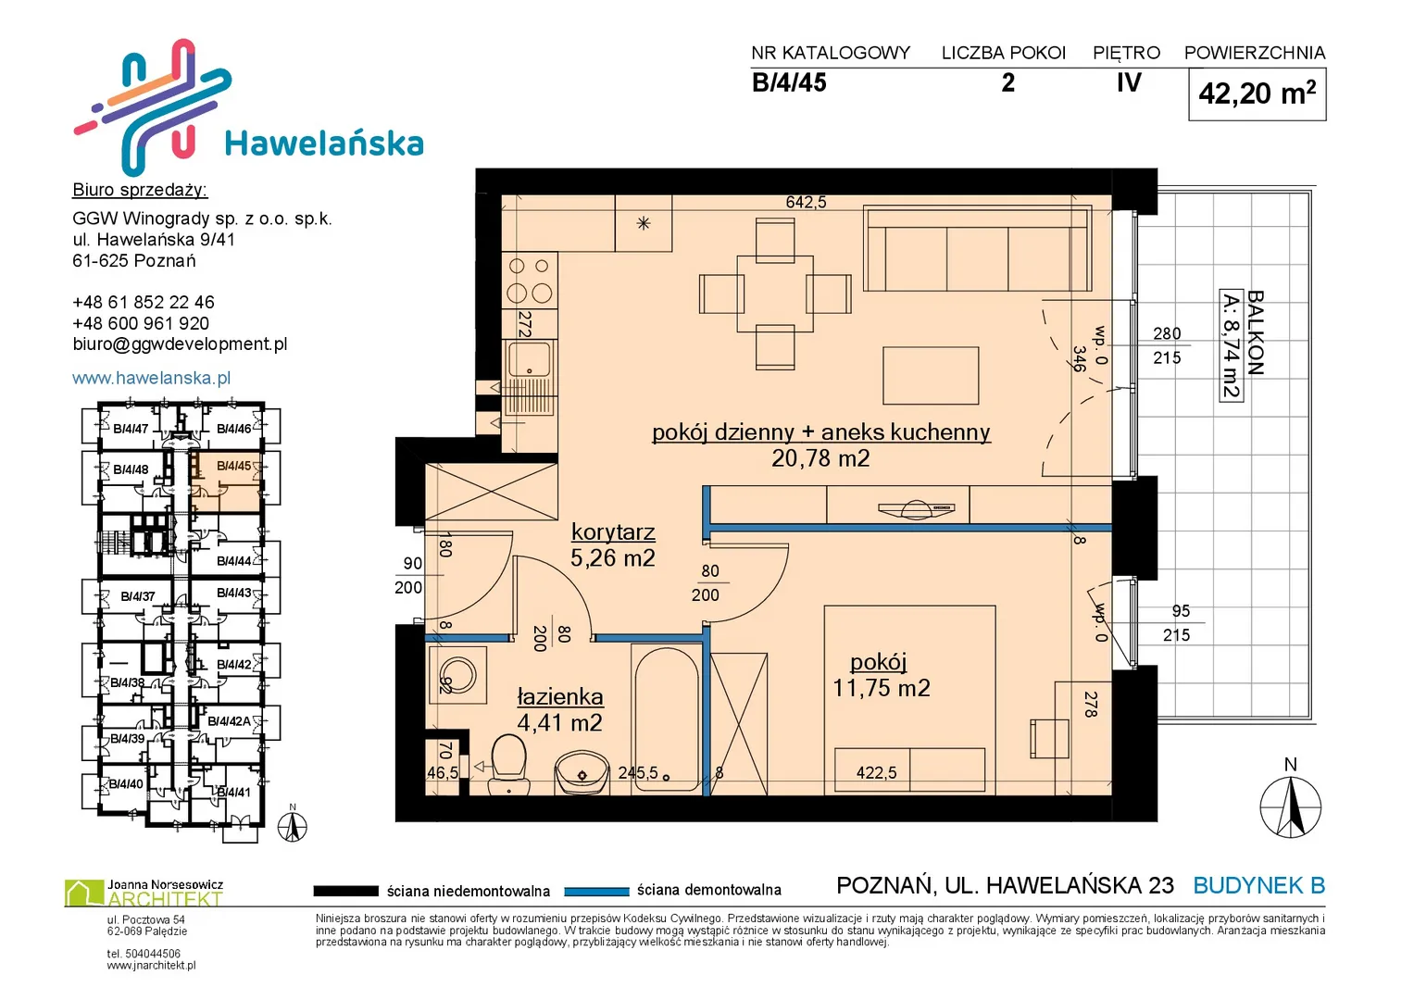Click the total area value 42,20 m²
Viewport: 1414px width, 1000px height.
pyautogui.click(x=1257, y=94)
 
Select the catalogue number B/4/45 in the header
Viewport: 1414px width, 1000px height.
pyautogui.click(x=788, y=82)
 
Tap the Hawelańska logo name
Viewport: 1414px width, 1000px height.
pyautogui.click(x=324, y=143)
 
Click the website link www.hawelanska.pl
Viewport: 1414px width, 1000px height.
pyautogui.click(x=152, y=378)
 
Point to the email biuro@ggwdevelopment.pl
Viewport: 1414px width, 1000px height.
pyautogui.click(x=180, y=344)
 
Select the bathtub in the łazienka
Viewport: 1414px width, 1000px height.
pyautogui.click(x=667, y=719)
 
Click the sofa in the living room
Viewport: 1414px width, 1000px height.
pyautogui.click(x=978, y=248)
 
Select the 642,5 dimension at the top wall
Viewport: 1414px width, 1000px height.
pyautogui.click(x=807, y=202)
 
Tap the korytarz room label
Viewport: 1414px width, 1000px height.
pyautogui.click(x=613, y=532)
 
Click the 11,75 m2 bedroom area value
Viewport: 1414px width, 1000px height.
pyautogui.click(x=882, y=687)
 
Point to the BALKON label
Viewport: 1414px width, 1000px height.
pyautogui.click(x=1255, y=332)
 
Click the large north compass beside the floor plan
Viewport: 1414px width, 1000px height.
pyautogui.click(x=1290, y=806)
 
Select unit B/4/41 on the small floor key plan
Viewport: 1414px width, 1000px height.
pyautogui.click(x=233, y=793)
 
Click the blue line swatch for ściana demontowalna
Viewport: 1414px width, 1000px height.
pyautogui.click(x=596, y=892)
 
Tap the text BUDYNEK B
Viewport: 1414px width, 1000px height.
pyautogui.click(x=1258, y=885)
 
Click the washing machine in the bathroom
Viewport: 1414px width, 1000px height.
pyautogui.click(x=457, y=675)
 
